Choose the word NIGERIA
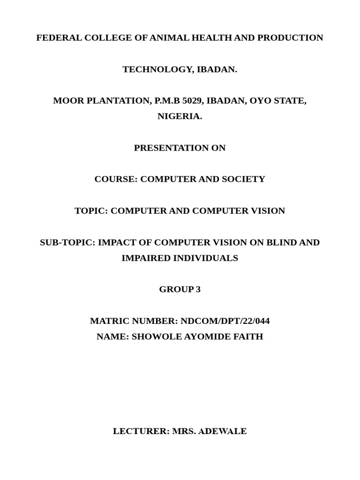click(x=179, y=117)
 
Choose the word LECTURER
click(x=141, y=432)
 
